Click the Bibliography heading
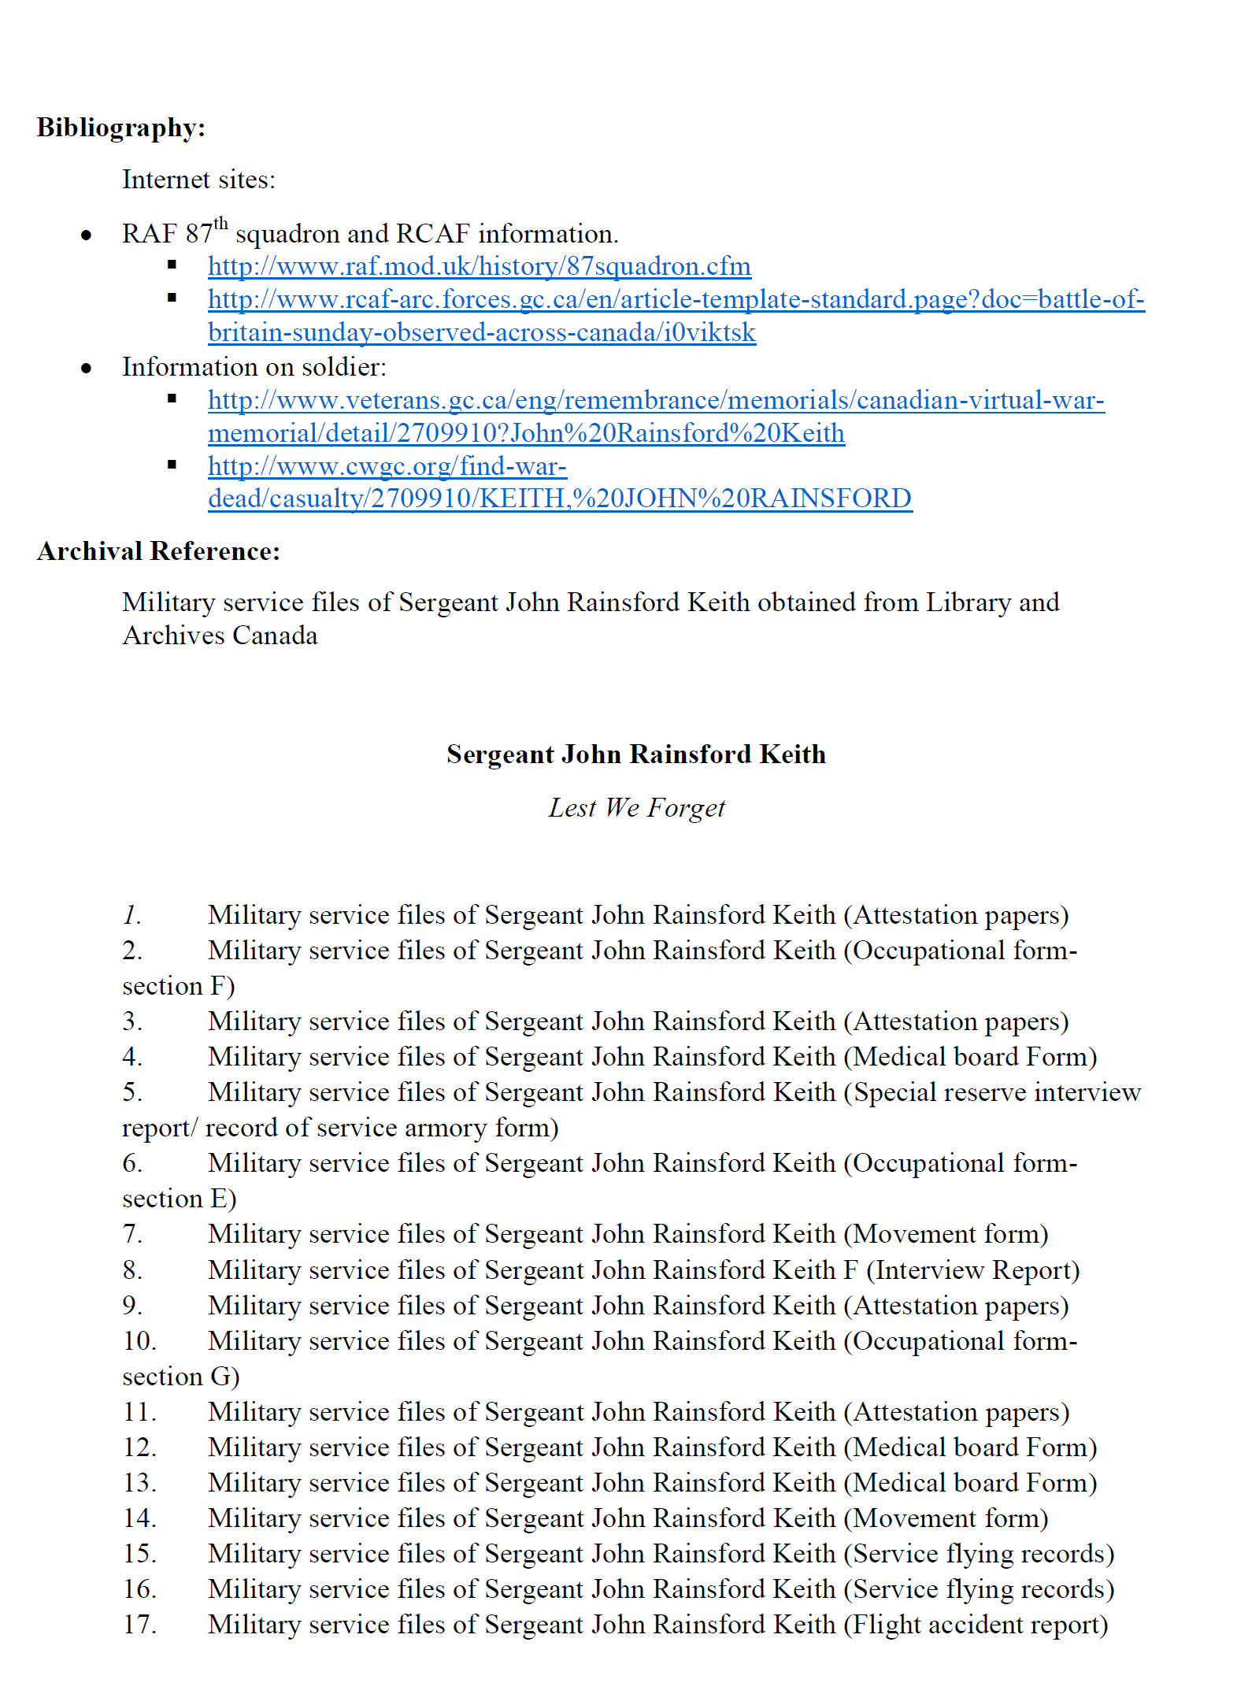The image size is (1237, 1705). [x=120, y=128]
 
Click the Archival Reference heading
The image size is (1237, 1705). [x=157, y=551]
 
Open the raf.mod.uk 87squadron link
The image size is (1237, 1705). [x=479, y=266]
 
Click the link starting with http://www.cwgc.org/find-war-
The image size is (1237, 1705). [x=387, y=466]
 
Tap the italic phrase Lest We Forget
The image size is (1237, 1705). [x=635, y=808]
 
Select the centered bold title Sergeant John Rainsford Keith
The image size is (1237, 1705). [x=635, y=754]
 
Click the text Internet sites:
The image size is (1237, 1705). [x=198, y=180]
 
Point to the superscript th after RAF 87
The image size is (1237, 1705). [x=220, y=224]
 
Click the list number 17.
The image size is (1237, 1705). [x=139, y=1625]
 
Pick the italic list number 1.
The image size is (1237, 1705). [x=131, y=915]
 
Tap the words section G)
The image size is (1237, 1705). [x=180, y=1377]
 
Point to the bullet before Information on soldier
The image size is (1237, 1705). [x=86, y=368]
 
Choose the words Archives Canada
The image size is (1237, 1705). [x=220, y=636]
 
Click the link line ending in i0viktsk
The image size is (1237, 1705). [x=481, y=332]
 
